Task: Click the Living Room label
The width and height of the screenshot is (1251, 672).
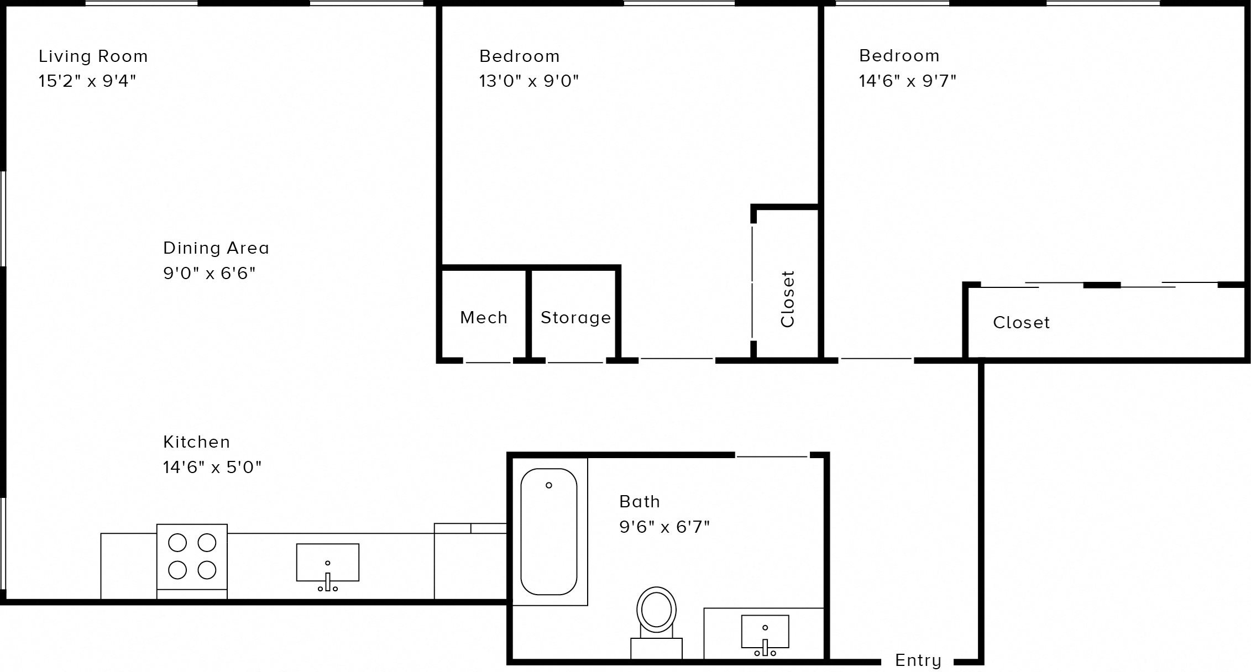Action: pyautogui.click(x=93, y=56)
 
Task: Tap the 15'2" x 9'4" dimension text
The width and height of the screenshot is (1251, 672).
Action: pyautogui.click(x=87, y=81)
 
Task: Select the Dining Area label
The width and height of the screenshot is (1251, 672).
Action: pyautogui.click(x=216, y=248)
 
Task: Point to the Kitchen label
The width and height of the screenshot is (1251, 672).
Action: pyautogui.click(x=196, y=442)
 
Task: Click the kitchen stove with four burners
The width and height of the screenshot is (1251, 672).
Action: pyautogui.click(x=192, y=557)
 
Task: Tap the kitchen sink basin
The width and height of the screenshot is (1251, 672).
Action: pyautogui.click(x=327, y=562)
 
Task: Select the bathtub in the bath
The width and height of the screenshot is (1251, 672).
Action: pyautogui.click(x=548, y=532)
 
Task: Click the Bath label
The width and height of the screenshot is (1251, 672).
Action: pyautogui.click(x=640, y=502)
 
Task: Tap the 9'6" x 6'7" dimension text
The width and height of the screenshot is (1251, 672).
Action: pyautogui.click(x=664, y=527)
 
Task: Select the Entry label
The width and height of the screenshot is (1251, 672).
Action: pyautogui.click(x=918, y=660)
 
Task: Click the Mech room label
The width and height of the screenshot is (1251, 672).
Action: pyautogui.click(x=484, y=318)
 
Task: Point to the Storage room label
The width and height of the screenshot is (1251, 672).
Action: pyautogui.click(x=575, y=318)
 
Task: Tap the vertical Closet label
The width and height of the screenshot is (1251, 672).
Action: pyautogui.click(x=787, y=299)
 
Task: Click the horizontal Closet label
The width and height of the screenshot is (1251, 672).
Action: pyautogui.click(x=1021, y=323)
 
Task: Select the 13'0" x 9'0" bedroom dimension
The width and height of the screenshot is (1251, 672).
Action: pyautogui.click(x=528, y=81)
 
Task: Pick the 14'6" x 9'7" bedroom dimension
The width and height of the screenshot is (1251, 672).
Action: pyautogui.click(x=907, y=81)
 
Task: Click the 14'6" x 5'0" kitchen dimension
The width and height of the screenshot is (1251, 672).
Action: pyautogui.click(x=212, y=468)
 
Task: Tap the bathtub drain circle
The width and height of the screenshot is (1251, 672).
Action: pyautogui.click(x=548, y=485)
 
